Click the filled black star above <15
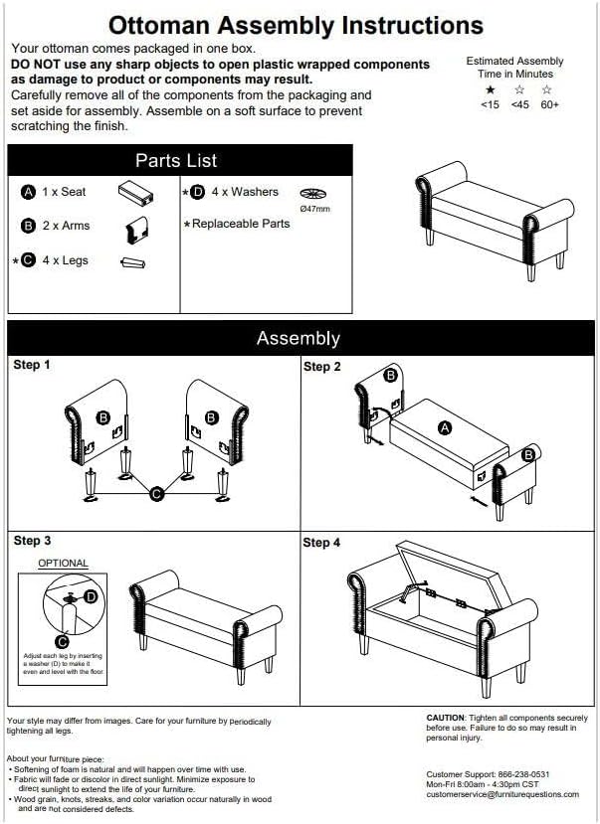491,89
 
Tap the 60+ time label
549,104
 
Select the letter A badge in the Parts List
28,193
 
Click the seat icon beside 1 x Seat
135,193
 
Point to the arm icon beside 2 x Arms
137,230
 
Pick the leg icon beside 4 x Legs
133,262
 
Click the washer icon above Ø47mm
312,194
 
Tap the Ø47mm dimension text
315,209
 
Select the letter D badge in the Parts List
197,193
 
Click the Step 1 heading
32,365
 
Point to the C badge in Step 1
156,494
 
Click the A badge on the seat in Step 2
445,428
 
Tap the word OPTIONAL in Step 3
63,564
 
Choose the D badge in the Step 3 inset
91,597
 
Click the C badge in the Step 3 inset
62,641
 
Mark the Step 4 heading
321,543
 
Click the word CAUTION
446,718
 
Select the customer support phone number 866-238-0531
522,774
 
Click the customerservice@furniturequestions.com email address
502,794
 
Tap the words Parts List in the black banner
176,160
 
